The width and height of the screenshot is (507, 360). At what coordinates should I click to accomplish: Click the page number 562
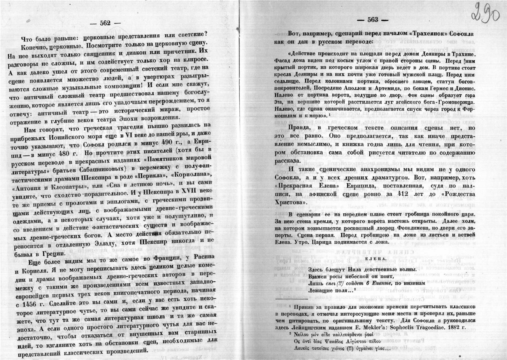point(105,23)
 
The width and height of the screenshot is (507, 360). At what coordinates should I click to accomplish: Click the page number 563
point(372,21)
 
